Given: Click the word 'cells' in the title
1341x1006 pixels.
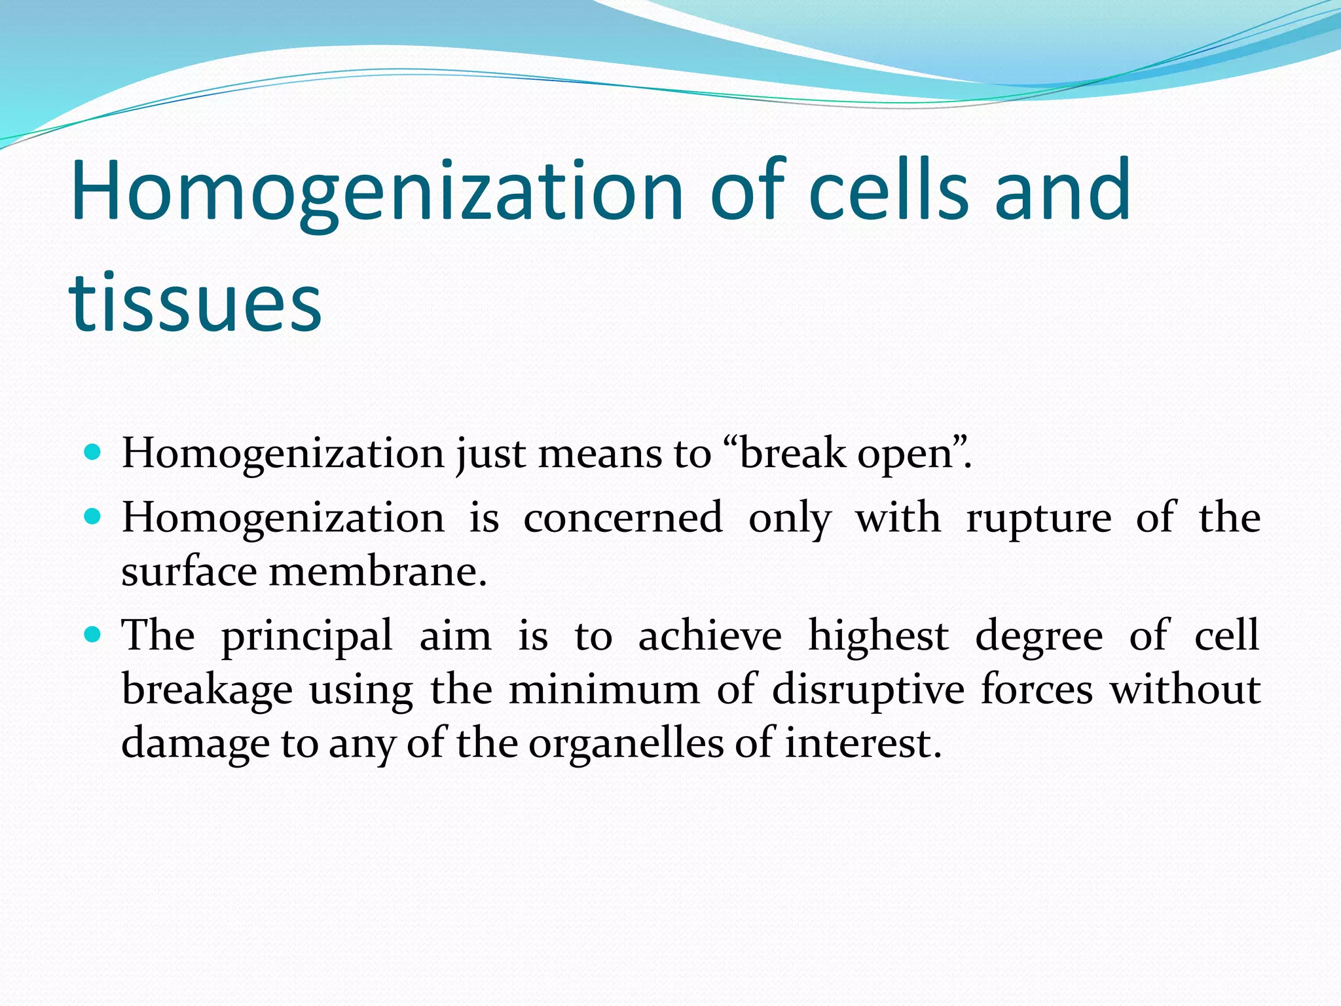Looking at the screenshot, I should tap(888, 191).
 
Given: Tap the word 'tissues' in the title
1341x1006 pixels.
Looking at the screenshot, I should tap(195, 304).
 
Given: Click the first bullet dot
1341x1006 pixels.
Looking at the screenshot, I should tap(93, 452).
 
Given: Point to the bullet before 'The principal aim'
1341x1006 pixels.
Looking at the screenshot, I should tap(93, 635).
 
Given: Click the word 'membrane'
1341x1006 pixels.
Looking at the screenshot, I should tap(377, 572).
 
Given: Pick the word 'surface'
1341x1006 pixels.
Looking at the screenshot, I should tap(189, 572).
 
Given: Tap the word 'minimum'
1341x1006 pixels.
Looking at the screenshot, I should tap(604, 690).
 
